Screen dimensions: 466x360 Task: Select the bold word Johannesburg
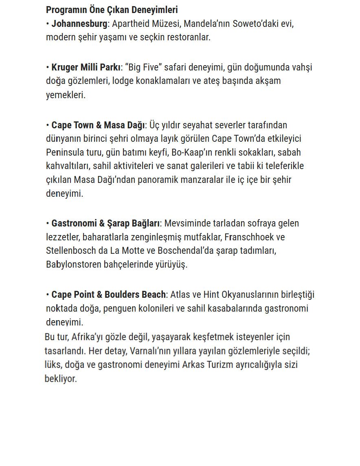[x=79, y=24]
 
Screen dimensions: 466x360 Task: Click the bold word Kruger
[x=65, y=67]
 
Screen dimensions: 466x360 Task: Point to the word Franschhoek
[x=249, y=237]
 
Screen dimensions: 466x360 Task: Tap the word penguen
[x=119, y=308]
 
